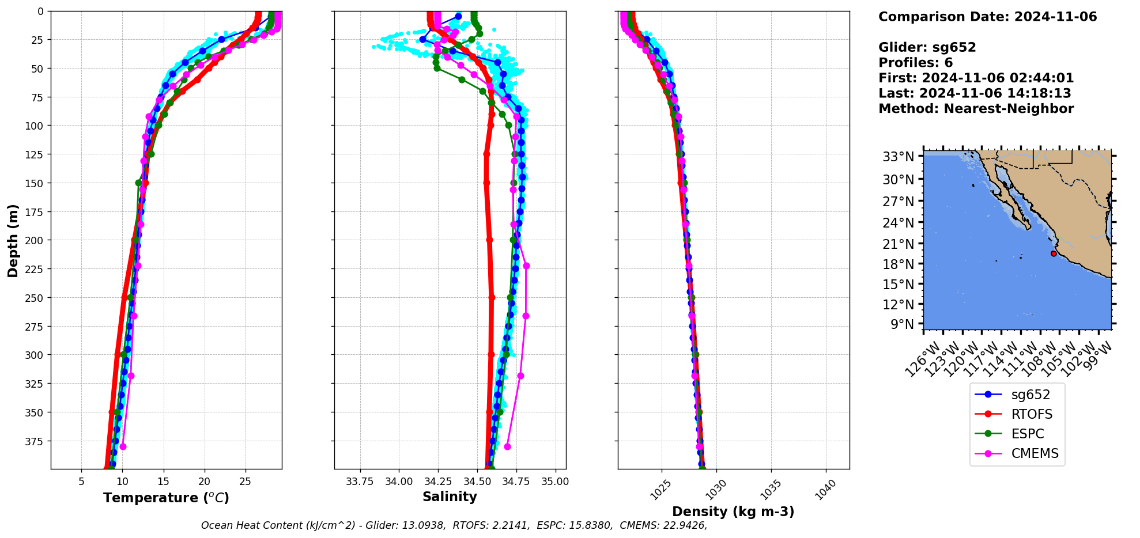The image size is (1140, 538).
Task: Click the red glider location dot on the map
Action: coord(1054,253)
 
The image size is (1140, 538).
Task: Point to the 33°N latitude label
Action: coord(898,157)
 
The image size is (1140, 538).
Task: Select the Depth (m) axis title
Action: coord(13,240)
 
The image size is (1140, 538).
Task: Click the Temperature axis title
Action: coord(166,498)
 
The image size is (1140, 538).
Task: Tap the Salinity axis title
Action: coord(450,497)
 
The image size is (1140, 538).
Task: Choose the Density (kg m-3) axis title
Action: coord(733,512)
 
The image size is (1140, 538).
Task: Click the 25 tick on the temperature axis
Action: coord(245,482)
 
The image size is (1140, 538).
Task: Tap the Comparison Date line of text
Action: coord(987,17)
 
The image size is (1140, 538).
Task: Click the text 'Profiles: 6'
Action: coord(915,63)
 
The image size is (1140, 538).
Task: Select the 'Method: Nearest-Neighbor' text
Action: coord(976,109)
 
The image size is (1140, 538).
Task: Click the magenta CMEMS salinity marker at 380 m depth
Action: coord(507,446)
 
